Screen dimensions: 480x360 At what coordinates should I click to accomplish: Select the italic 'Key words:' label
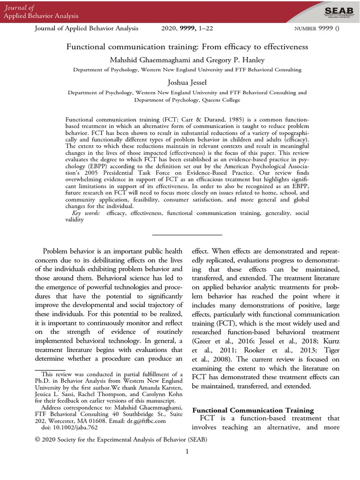click(89, 213)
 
